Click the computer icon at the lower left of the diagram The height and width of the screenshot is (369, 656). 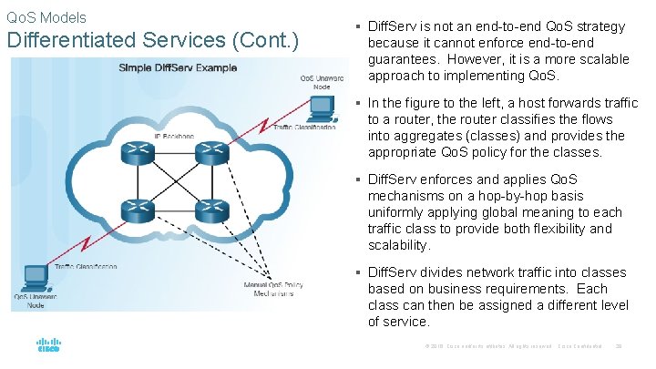pyautogui.click(x=35, y=276)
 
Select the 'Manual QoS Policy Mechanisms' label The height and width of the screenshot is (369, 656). pyautogui.click(x=273, y=290)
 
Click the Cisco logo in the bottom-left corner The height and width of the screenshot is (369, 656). pyautogui.click(x=48, y=345)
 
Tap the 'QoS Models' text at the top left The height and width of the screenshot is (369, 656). pyautogui.click(x=46, y=16)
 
